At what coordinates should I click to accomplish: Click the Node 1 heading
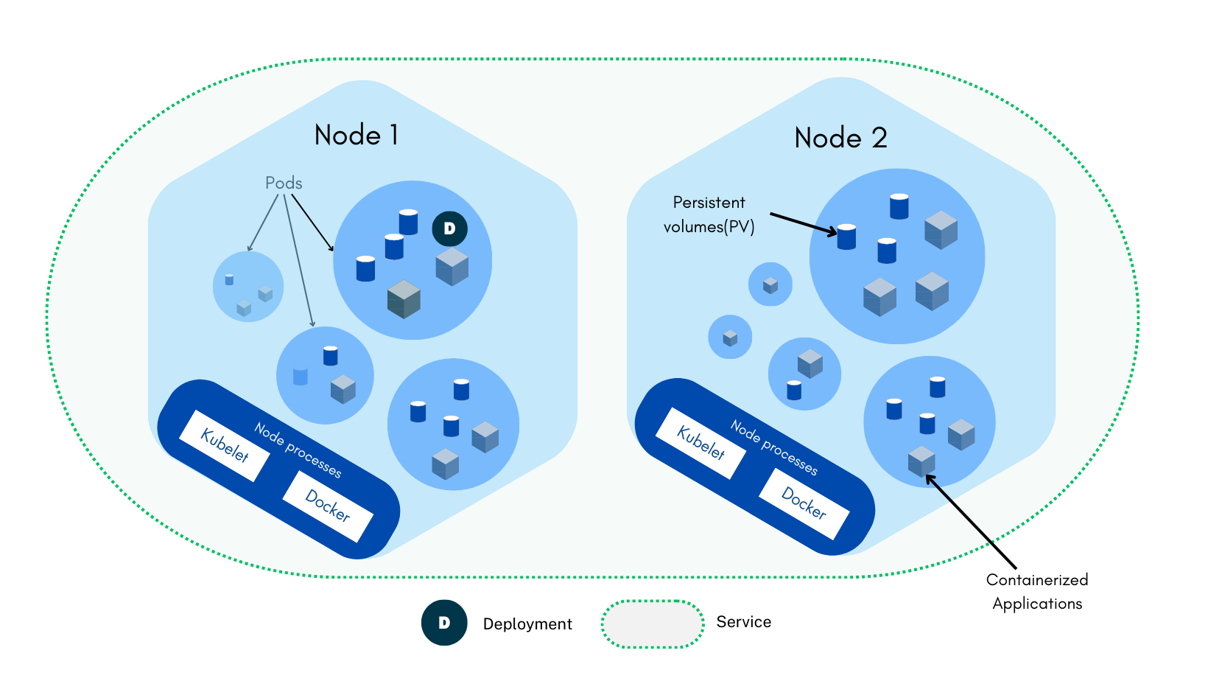357,135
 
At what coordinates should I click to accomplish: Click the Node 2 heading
840,138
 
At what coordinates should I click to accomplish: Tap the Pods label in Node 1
284,183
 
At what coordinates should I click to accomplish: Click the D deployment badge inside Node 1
449,228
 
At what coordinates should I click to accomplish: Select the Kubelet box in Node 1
225,445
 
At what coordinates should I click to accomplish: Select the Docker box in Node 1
328,506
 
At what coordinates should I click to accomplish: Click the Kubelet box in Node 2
701,443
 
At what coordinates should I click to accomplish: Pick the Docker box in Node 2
804,503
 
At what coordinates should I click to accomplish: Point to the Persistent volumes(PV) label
709,214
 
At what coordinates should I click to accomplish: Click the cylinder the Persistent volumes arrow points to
846,237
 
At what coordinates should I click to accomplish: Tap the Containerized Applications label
1037,592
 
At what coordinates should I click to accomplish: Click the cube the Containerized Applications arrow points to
921,461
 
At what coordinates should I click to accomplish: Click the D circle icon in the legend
444,623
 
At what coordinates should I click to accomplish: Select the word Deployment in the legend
527,624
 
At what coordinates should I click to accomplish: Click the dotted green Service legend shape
653,624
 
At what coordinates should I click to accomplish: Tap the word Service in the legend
743,622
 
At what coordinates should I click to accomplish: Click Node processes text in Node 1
298,450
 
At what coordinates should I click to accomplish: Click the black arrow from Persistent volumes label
803,224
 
